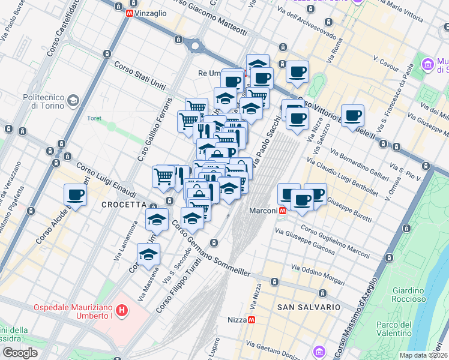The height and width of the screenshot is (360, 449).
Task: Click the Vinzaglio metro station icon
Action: click(x=130, y=13)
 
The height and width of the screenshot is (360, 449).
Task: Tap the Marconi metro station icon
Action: click(x=282, y=211)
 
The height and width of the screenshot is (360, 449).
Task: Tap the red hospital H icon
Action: click(x=122, y=310)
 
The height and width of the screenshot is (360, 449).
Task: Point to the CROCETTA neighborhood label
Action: click(x=121, y=204)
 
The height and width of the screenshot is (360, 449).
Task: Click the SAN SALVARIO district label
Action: click(x=309, y=307)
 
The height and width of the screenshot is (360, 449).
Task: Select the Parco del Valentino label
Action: click(x=394, y=329)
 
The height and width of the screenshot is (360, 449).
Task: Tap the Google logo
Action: click(x=20, y=353)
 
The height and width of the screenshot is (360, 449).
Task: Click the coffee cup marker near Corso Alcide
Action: click(x=76, y=194)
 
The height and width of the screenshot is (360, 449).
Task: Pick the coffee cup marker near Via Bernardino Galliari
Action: click(x=352, y=115)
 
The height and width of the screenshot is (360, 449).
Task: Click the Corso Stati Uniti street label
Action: click(x=139, y=76)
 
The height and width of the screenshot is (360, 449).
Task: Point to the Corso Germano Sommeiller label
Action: click(x=211, y=247)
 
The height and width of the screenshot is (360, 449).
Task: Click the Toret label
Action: click(x=94, y=118)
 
